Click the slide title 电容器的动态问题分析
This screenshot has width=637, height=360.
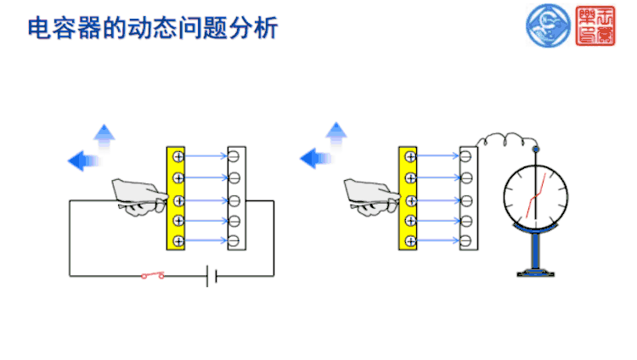(x=153, y=28)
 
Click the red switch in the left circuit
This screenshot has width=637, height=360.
(x=154, y=275)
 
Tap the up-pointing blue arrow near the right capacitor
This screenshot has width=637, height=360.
(x=337, y=133)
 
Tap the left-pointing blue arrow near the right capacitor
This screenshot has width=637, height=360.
(x=315, y=158)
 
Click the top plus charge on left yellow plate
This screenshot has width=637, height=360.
(x=177, y=156)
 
